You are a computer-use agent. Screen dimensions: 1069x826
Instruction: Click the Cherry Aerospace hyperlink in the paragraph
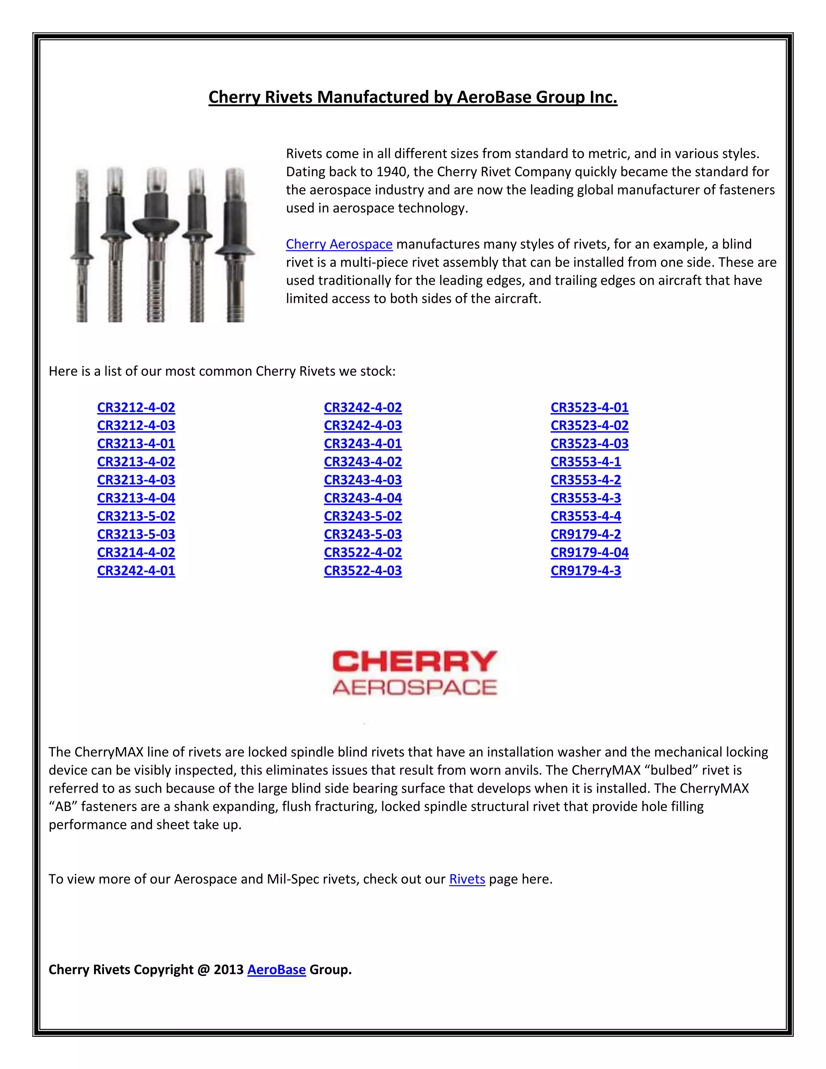click(x=339, y=244)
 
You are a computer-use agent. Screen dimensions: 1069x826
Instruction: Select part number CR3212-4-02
click(x=136, y=408)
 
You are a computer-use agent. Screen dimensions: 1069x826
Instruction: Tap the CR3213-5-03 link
click(x=136, y=534)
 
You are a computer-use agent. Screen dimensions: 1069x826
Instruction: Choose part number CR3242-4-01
click(x=136, y=571)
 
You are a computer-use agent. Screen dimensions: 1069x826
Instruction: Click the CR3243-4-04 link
click(x=363, y=498)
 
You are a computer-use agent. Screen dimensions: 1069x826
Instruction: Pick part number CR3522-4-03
click(x=363, y=571)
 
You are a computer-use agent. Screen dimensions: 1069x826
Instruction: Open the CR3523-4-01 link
click(x=589, y=408)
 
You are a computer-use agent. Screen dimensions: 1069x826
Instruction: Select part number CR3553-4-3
click(x=585, y=498)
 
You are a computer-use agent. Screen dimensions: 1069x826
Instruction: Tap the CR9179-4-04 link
click(x=589, y=553)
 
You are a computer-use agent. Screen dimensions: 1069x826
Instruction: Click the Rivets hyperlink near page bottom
click(x=467, y=879)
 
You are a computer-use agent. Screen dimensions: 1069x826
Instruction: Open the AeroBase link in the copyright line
click(x=276, y=970)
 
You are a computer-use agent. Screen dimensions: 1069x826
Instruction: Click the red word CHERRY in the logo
click(x=415, y=662)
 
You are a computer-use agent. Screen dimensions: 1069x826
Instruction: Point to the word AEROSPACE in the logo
click(x=415, y=688)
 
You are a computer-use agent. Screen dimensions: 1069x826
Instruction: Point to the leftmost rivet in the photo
click(x=82, y=245)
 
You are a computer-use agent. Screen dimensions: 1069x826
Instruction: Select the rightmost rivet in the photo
click(x=235, y=245)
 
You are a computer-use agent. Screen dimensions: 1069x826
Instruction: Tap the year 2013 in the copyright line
click(x=229, y=970)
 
